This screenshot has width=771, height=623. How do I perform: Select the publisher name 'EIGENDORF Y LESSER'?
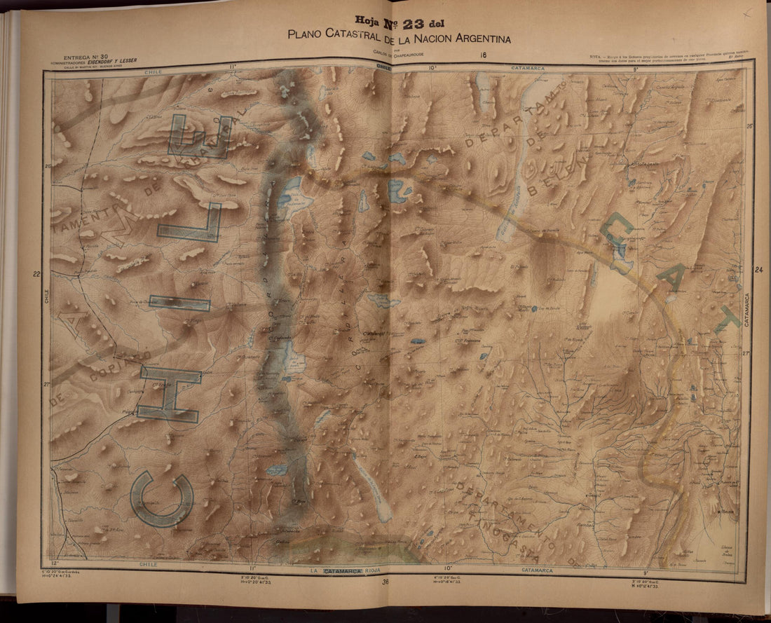[116, 62]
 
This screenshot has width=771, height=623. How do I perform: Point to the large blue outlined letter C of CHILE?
[162, 498]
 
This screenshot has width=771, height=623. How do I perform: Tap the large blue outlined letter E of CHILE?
[199, 136]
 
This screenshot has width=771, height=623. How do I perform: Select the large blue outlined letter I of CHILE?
[179, 303]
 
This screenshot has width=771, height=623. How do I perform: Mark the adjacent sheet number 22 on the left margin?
[36, 275]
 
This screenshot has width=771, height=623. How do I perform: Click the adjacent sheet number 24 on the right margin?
[758, 270]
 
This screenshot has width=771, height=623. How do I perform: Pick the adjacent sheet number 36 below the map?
[385, 581]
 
